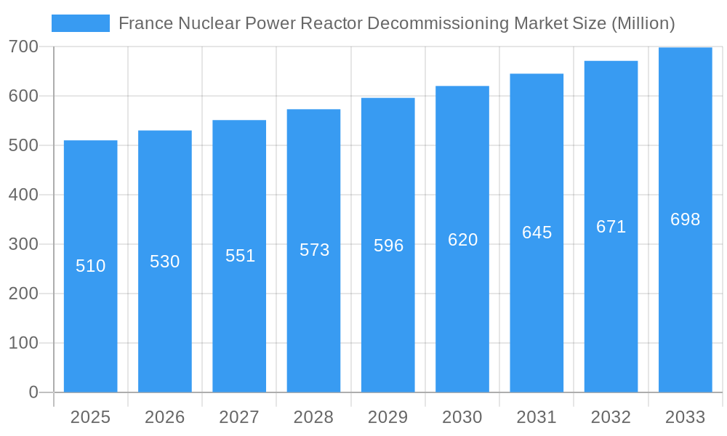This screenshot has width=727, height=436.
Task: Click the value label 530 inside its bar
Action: click(x=165, y=262)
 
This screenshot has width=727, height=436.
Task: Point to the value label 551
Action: click(x=240, y=256)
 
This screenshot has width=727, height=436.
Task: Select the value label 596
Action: click(x=388, y=246)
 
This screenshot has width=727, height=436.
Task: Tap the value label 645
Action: click(x=537, y=233)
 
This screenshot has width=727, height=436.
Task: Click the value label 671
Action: click(x=611, y=227)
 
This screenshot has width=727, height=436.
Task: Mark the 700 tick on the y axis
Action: click(x=23, y=47)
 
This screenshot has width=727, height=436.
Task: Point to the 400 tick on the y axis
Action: click(x=23, y=195)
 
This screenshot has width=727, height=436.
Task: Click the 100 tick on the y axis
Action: click(x=23, y=343)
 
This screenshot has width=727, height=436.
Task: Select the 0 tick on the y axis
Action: click(x=33, y=392)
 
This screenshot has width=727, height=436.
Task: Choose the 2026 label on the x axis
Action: click(x=165, y=417)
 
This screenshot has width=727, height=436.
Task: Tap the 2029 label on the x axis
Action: click(x=388, y=417)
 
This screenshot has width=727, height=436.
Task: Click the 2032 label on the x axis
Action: click(x=611, y=417)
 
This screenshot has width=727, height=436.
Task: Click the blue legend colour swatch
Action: click(x=81, y=23)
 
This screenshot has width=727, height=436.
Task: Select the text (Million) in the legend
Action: click(x=643, y=23)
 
